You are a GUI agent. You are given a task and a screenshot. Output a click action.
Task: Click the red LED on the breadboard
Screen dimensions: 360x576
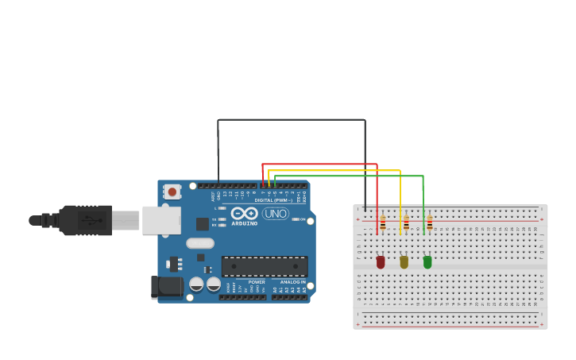[x=381, y=261]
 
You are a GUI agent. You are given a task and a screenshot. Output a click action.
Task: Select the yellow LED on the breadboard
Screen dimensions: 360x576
[x=404, y=261]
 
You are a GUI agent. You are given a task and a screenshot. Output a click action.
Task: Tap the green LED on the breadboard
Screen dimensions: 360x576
[x=427, y=261]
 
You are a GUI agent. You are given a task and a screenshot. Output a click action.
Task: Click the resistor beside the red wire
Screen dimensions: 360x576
[x=383, y=223]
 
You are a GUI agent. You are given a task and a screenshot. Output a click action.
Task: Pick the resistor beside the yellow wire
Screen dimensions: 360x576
[x=406, y=223]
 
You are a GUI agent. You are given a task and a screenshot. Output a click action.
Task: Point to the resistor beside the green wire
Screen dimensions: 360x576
[x=430, y=223]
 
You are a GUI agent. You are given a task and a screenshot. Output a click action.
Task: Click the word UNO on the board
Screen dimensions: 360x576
[x=275, y=213]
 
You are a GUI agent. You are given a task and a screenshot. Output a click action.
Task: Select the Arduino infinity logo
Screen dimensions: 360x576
[x=245, y=213]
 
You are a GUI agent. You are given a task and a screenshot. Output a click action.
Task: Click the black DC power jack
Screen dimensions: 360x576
[x=166, y=287]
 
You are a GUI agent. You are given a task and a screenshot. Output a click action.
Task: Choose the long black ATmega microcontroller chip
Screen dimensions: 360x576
[x=264, y=266]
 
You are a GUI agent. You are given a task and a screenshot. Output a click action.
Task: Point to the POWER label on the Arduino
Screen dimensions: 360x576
[x=257, y=282]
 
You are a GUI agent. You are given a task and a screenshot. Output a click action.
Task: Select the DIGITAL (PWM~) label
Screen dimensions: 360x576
[x=273, y=200]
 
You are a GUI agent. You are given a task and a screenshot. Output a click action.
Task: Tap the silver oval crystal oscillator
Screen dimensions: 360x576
[x=200, y=243]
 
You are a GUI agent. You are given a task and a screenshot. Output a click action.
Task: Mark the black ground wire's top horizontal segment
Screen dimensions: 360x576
[x=292, y=120]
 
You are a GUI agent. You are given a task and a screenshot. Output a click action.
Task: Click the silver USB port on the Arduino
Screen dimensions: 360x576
[x=161, y=220]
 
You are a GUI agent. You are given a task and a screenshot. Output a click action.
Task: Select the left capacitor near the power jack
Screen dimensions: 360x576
[x=196, y=284]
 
